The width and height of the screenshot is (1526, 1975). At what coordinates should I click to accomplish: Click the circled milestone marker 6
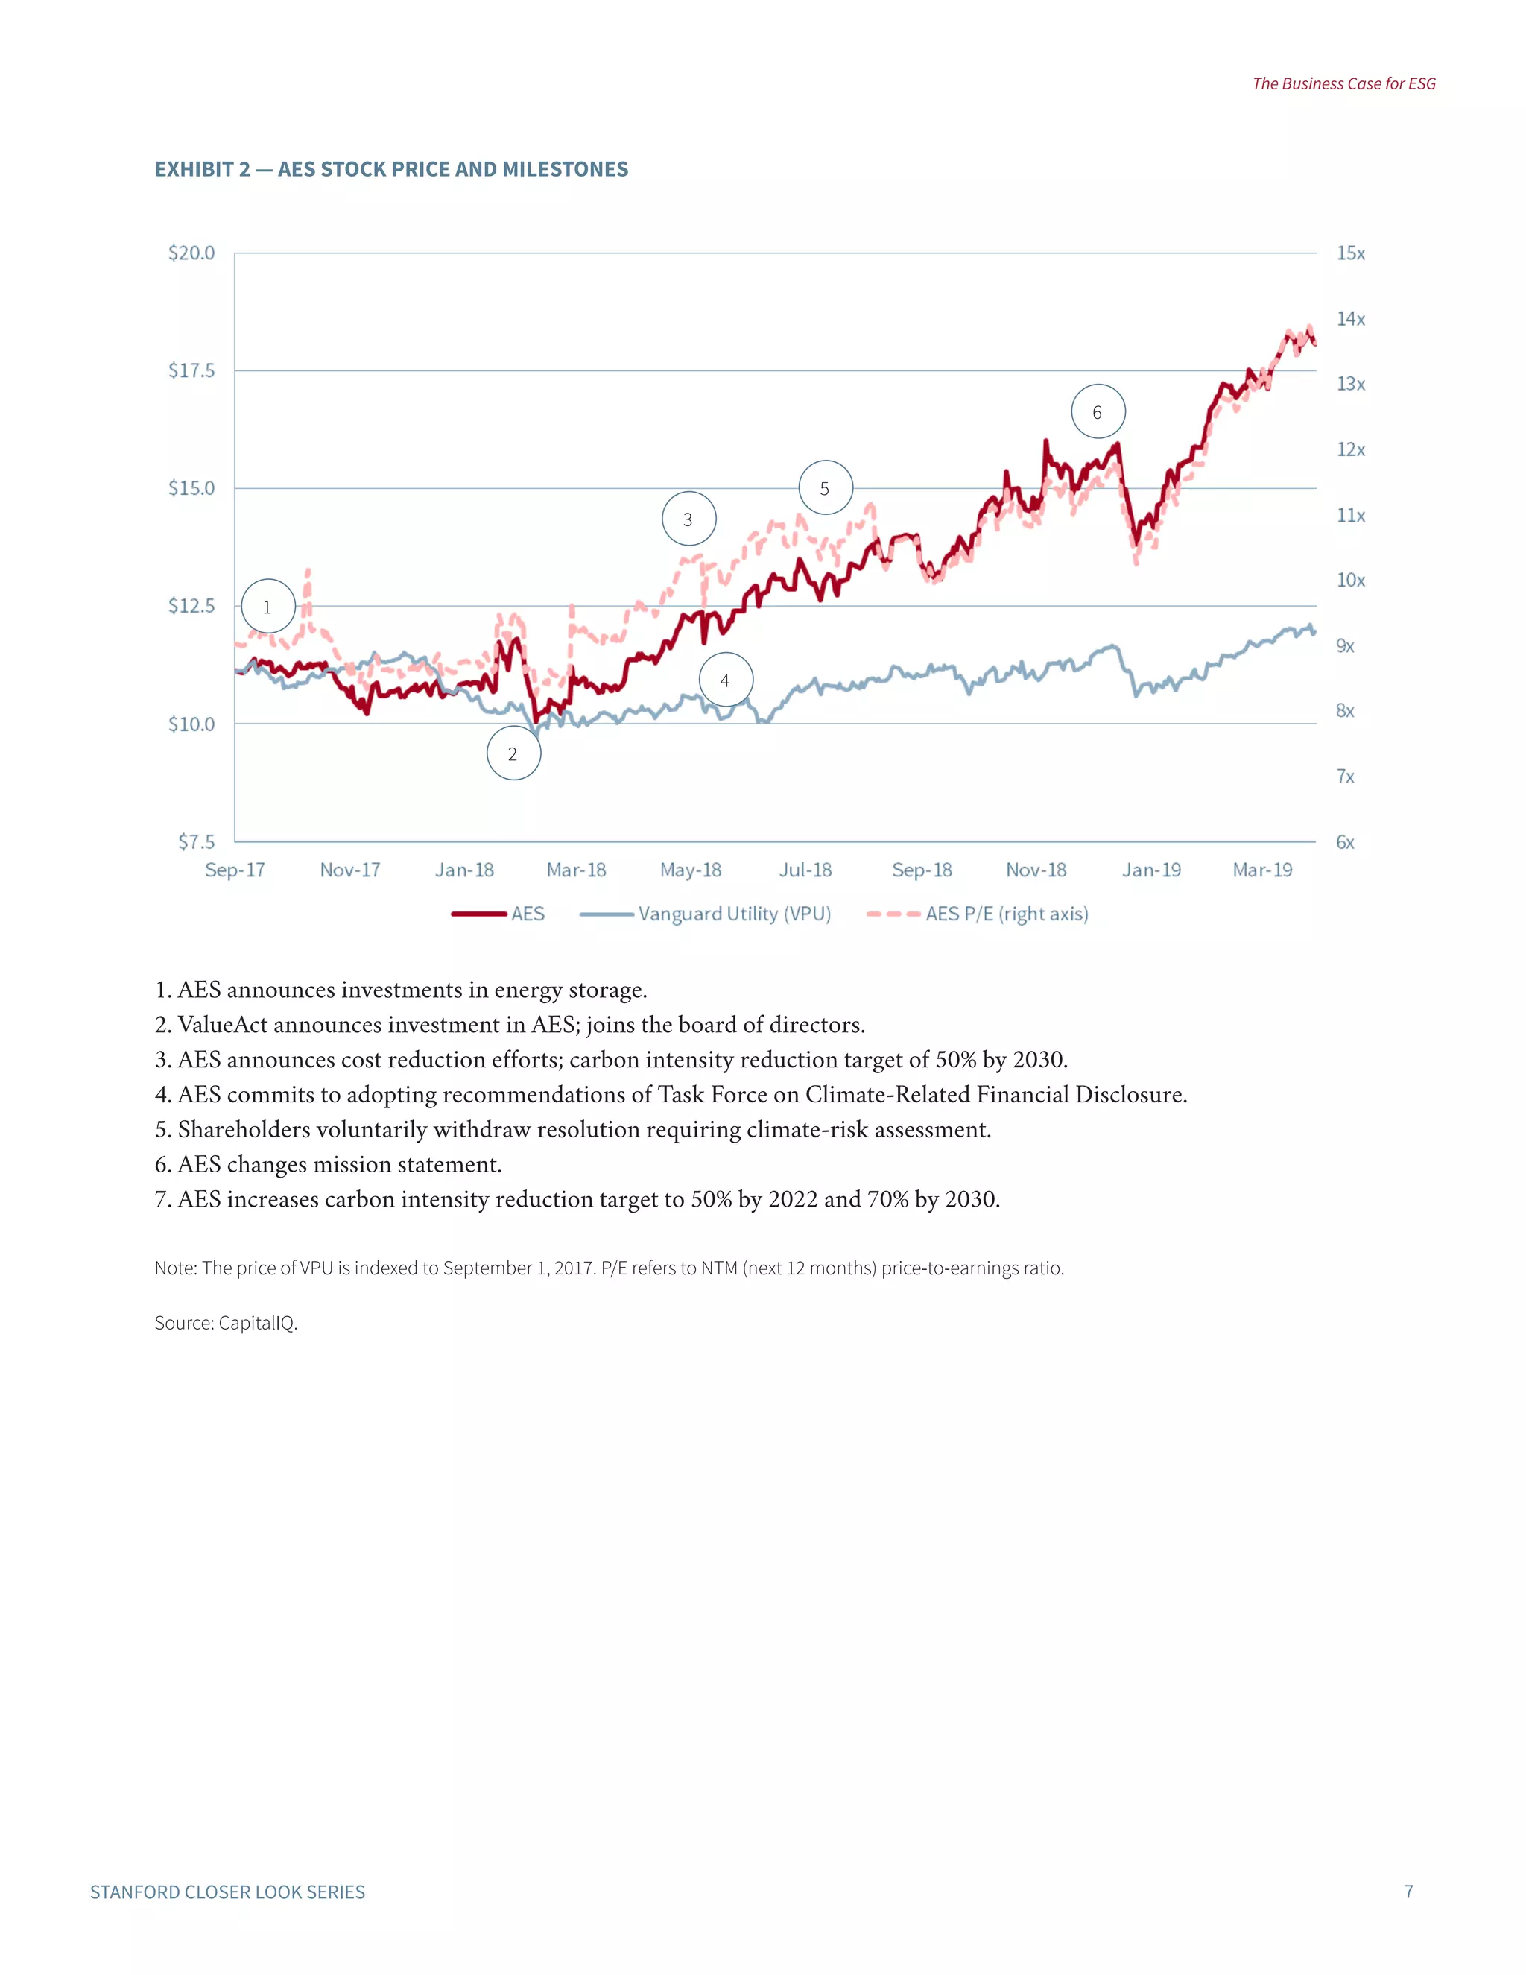pos(1098,412)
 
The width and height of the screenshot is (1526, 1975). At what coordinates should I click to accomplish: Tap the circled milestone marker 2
pos(513,753)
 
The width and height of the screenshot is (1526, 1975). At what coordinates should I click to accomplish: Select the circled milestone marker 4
pos(725,680)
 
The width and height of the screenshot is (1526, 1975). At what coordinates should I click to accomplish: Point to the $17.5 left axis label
pos(191,370)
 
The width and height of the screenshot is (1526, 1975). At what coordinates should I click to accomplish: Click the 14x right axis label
pos(1351,319)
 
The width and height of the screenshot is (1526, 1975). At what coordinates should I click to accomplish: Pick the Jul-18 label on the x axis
pos(805,870)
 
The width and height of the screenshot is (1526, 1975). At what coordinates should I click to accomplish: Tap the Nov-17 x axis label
pos(350,870)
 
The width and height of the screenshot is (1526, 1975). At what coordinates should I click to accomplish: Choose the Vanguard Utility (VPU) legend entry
pos(733,914)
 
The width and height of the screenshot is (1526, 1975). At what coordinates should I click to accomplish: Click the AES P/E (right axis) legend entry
pos(1006,914)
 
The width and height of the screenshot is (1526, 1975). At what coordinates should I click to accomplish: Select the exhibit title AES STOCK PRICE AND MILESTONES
pos(452,170)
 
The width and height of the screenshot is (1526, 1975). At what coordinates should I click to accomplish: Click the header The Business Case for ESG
pos(1343,84)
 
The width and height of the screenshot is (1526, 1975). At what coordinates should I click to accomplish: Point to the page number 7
pos(1408,1891)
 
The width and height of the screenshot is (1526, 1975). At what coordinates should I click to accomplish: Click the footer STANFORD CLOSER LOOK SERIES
pos(228,1892)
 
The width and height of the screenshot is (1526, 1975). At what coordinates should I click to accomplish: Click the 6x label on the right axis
pos(1345,842)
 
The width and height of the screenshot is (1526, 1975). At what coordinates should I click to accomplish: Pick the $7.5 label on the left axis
pos(196,842)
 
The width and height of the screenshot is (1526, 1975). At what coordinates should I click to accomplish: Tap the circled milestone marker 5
pos(826,488)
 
